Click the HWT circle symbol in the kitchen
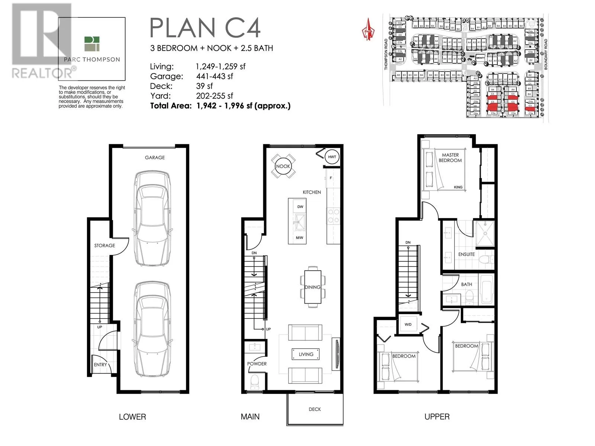[x=332, y=157]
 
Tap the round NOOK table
[x=283, y=166]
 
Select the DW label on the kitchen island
[x=300, y=207]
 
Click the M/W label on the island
[x=299, y=237]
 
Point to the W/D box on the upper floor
[x=408, y=324]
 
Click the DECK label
[x=315, y=409]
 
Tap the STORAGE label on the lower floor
[x=104, y=246]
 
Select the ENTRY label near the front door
[x=100, y=365]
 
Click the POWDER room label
[x=257, y=364]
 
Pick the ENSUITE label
[x=466, y=254]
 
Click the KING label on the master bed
[x=458, y=187]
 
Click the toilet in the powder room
[x=255, y=381]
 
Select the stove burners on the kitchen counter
[x=333, y=216]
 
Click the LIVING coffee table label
[x=306, y=354]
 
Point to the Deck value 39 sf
[x=205, y=86]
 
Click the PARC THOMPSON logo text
[x=92, y=59]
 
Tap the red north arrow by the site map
[x=368, y=29]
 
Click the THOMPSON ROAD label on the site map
[x=386, y=55]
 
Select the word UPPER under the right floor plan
[x=437, y=417]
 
